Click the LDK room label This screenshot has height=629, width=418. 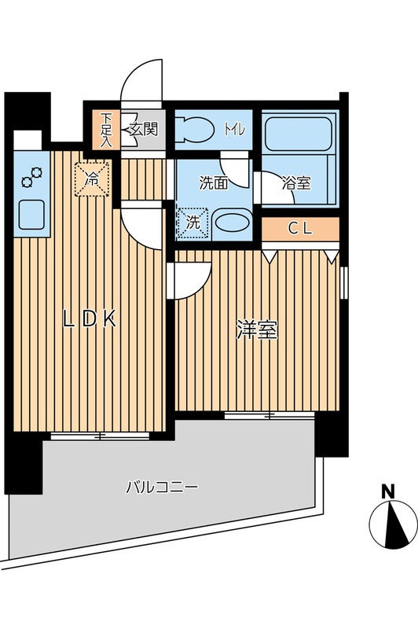click(90, 318)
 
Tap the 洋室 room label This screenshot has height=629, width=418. click(257, 331)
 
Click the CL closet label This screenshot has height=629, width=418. click(299, 229)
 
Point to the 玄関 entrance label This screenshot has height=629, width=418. click(144, 128)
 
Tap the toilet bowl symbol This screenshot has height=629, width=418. click(192, 127)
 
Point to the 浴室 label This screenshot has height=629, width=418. click(296, 184)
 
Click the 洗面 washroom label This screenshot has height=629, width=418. click(213, 184)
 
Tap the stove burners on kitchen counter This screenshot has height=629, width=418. click(31, 178)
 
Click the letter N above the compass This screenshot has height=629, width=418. click(387, 491)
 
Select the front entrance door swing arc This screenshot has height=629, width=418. click(141, 82)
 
